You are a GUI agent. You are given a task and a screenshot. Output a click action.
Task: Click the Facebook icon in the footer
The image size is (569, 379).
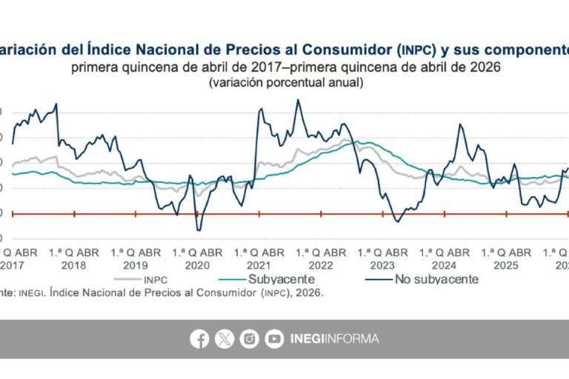click(x=199, y=339)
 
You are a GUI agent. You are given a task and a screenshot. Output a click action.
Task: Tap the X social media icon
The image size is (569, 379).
click(x=224, y=339)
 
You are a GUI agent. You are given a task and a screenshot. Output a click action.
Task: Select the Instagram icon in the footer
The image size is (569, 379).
click(x=250, y=339)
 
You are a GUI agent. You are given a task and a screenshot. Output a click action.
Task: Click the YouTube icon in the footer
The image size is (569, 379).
click(x=275, y=339)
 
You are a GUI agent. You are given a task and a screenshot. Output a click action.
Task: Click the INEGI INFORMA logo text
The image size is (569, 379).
click(x=334, y=339)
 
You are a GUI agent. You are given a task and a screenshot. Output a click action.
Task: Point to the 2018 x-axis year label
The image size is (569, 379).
click(x=73, y=264)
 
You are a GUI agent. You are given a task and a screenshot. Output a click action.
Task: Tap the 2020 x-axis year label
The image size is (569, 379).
click(x=197, y=264)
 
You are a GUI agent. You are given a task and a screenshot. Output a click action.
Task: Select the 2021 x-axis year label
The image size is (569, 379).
click(x=259, y=264)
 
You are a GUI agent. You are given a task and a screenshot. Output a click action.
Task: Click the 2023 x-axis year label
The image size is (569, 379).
click(x=382, y=264)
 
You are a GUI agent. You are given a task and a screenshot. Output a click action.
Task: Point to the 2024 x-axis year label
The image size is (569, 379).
click(x=444, y=264)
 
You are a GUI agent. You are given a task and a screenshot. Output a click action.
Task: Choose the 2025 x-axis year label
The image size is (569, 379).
click(x=505, y=264)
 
